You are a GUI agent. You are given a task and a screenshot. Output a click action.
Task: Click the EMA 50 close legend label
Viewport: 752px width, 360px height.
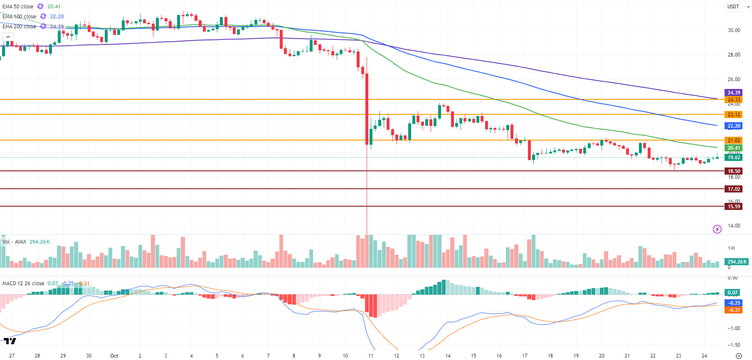point(18,7)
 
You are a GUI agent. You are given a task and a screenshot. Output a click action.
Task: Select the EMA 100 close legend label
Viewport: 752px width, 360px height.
point(19,17)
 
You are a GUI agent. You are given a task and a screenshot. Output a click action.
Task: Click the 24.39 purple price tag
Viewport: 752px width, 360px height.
point(734,93)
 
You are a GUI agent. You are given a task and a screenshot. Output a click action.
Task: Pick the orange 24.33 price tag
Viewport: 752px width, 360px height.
point(734,100)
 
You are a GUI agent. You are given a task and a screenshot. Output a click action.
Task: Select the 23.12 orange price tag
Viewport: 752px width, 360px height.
point(734,115)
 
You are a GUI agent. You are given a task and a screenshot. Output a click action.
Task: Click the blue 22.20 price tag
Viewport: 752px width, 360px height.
point(734,126)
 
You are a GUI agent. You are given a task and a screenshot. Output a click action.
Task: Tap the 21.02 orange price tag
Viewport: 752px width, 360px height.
point(734,141)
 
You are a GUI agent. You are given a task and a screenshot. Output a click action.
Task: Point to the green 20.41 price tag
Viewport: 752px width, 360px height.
point(734,148)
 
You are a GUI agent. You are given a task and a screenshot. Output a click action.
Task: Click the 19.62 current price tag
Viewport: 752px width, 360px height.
point(734,158)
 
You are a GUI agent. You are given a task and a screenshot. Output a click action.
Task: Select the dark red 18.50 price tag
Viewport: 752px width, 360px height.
point(734,171)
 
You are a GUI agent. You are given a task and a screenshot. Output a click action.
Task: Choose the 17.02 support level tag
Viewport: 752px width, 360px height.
point(734,189)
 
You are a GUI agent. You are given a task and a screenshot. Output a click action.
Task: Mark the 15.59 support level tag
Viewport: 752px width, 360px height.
point(734,207)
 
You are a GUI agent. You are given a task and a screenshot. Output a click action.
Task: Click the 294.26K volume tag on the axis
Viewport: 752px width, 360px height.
point(737,262)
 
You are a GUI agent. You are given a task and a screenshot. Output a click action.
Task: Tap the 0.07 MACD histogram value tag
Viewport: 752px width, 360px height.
point(732,293)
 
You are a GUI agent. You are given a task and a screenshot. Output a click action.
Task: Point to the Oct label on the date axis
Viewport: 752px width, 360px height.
point(114,356)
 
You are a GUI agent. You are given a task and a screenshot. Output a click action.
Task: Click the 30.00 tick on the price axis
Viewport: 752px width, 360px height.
point(734,30)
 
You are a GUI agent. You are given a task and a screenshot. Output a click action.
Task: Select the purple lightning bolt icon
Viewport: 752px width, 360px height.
point(717,229)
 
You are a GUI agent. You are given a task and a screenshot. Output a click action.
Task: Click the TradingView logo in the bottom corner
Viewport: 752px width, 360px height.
point(10,341)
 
